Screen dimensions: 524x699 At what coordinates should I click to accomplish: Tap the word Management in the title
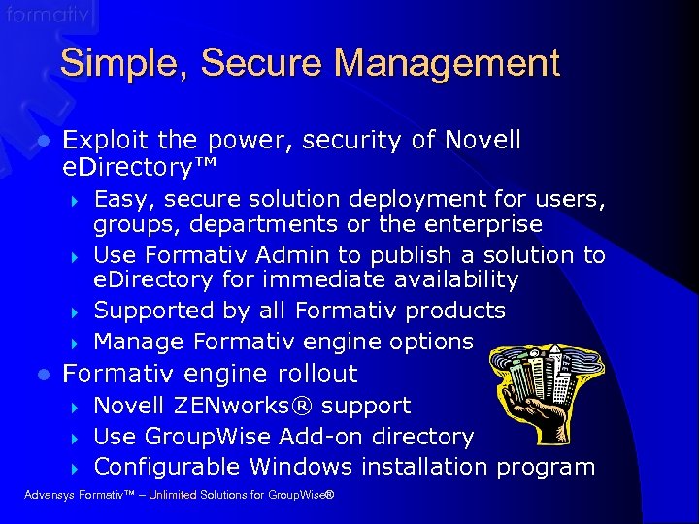(448, 64)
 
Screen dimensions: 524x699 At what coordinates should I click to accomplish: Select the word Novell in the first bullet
(483, 141)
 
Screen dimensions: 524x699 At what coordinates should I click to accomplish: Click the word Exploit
(102, 141)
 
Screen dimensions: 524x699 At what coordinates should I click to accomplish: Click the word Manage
(139, 342)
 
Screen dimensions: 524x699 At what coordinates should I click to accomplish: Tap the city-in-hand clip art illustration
(540, 384)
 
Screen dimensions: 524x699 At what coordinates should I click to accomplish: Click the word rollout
(312, 374)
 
